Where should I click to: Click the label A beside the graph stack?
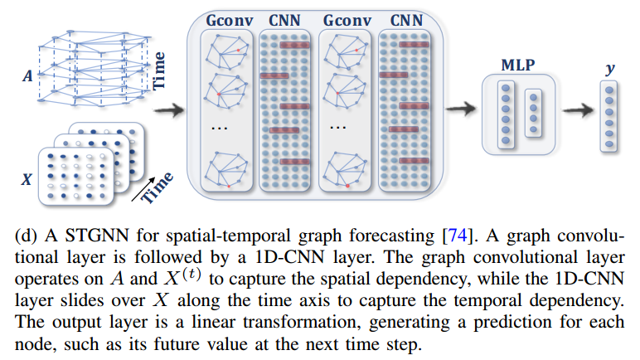tap(28, 75)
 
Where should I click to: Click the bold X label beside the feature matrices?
tap(27, 177)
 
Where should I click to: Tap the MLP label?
tap(518, 64)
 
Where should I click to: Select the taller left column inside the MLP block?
tap(506, 114)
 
